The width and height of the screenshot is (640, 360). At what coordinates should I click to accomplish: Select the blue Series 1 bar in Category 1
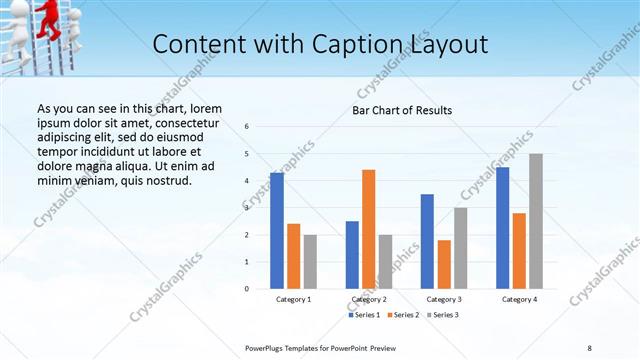coord(277,230)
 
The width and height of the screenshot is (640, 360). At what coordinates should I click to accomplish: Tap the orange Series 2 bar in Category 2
coord(369,229)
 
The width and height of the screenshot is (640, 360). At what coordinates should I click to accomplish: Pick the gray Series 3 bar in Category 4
coord(536,221)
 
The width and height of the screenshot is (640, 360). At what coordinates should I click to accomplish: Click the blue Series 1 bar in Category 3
coord(427,241)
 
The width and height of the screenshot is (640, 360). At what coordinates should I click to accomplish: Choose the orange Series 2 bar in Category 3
coord(444,264)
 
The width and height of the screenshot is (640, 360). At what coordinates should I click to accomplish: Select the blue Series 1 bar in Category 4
coord(502,228)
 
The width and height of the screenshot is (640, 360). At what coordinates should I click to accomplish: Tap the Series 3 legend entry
coord(446,315)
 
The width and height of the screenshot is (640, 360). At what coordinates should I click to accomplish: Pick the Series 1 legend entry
coord(364,315)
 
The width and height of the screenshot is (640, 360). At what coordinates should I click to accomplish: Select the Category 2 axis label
coord(369,299)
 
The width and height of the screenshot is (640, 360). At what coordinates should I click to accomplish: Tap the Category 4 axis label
coord(519,299)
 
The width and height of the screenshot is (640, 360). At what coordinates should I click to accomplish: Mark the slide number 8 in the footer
coord(589,347)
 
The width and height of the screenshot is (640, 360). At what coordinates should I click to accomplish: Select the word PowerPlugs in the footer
coord(269,347)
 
